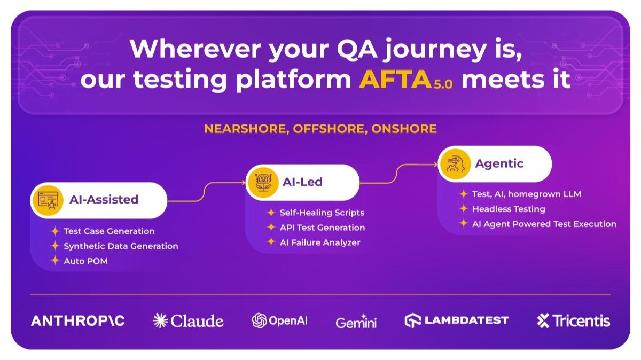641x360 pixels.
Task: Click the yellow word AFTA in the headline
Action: click(x=395, y=79)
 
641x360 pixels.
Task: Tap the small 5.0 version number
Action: click(x=443, y=85)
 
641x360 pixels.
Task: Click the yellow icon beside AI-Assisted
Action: click(x=48, y=200)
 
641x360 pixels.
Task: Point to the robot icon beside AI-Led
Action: click(x=263, y=183)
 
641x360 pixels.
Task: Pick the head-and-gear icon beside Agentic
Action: click(x=455, y=164)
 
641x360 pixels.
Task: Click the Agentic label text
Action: click(x=499, y=163)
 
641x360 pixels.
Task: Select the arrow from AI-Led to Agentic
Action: click(x=398, y=174)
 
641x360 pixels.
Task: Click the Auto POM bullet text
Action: click(x=86, y=261)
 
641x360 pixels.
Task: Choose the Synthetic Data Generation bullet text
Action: click(x=121, y=246)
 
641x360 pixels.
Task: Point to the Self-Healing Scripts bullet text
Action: click(x=322, y=213)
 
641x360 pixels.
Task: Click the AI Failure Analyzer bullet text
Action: click(x=320, y=242)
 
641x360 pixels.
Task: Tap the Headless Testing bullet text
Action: click(x=509, y=209)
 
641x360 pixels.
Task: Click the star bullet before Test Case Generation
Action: click(x=55, y=231)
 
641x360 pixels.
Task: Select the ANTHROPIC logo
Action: click(x=78, y=321)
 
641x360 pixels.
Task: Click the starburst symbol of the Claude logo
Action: click(x=160, y=320)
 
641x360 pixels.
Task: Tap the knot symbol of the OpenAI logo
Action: click(x=259, y=320)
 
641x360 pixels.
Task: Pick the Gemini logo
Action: click(x=356, y=321)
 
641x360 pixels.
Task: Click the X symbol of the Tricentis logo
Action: click(x=543, y=320)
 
